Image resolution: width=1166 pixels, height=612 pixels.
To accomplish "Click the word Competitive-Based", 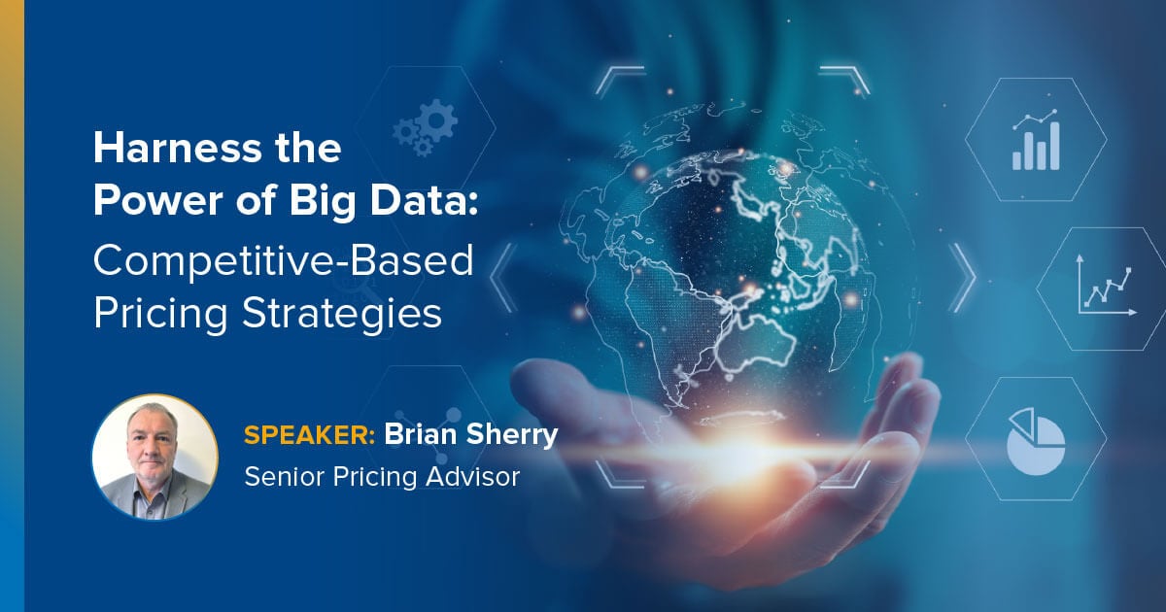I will point(283,260).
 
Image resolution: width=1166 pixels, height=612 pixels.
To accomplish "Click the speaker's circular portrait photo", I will point(154,456).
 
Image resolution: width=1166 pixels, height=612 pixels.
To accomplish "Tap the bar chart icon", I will point(1035,142).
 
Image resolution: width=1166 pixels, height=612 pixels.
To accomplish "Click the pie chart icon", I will point(1035,440).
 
